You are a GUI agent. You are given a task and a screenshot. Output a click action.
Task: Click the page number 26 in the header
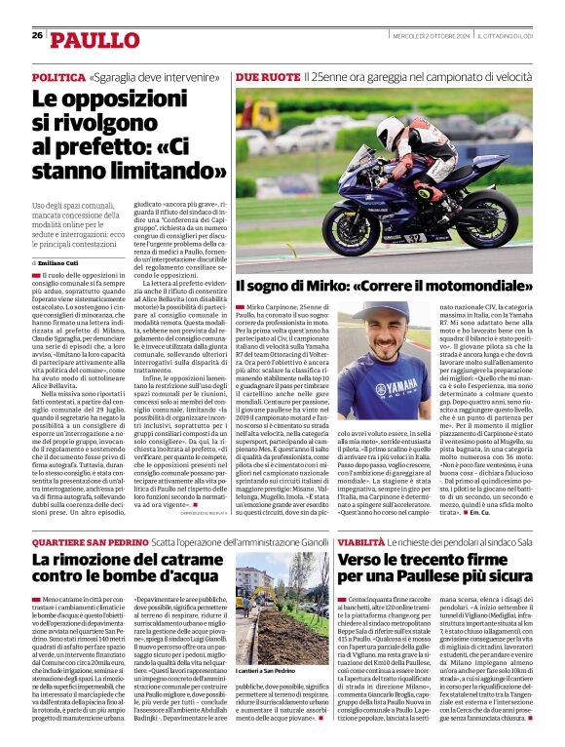pyautogui.click(x=37, y=36)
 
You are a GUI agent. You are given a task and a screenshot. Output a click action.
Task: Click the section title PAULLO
pyautogui.click(x=95, y=40)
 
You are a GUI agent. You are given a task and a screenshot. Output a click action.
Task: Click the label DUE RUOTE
pyautogui.click(x=266, y=76)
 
